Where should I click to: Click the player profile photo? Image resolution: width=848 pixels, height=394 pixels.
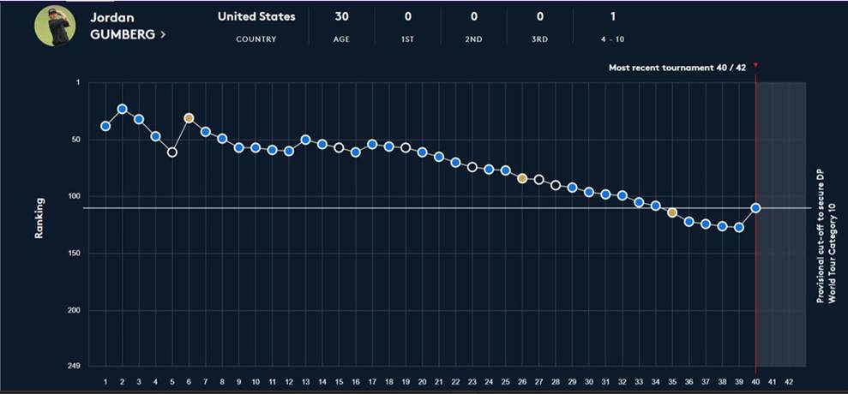coord(55,27)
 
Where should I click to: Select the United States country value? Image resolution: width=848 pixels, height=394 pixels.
coord(256,16)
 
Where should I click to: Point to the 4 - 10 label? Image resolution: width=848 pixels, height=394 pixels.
coord(611,39)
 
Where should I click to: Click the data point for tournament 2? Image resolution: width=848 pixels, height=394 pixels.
coord(123,109)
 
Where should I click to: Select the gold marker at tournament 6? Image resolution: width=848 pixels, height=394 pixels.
coord(189,117)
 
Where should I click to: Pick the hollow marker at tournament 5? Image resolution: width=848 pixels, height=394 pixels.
coord(172,152)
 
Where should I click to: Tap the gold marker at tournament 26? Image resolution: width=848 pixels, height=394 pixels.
coord(522,178)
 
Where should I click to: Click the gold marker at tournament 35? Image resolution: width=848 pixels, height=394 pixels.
coord(672,212)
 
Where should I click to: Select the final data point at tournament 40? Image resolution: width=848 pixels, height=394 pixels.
coord(755,207)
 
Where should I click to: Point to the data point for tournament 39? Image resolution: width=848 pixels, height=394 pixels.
coord(739,228)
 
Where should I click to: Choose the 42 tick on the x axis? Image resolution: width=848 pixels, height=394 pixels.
coord(789,382)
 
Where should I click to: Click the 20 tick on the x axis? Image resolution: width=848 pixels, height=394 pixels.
coord(422,382)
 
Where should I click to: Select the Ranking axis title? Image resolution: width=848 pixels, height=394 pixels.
coord(39,220)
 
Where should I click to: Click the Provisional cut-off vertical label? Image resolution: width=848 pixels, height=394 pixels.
coord(825,235)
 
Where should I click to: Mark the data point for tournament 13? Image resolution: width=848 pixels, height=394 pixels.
coord(305,140)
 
